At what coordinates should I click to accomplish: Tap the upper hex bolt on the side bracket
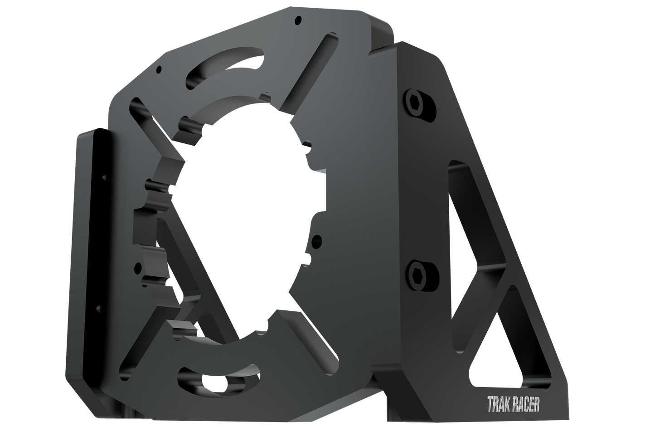[x=417, y=105]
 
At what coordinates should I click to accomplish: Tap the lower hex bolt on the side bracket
[x=418, y=275]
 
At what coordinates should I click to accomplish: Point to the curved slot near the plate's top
[x=225, y=66]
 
